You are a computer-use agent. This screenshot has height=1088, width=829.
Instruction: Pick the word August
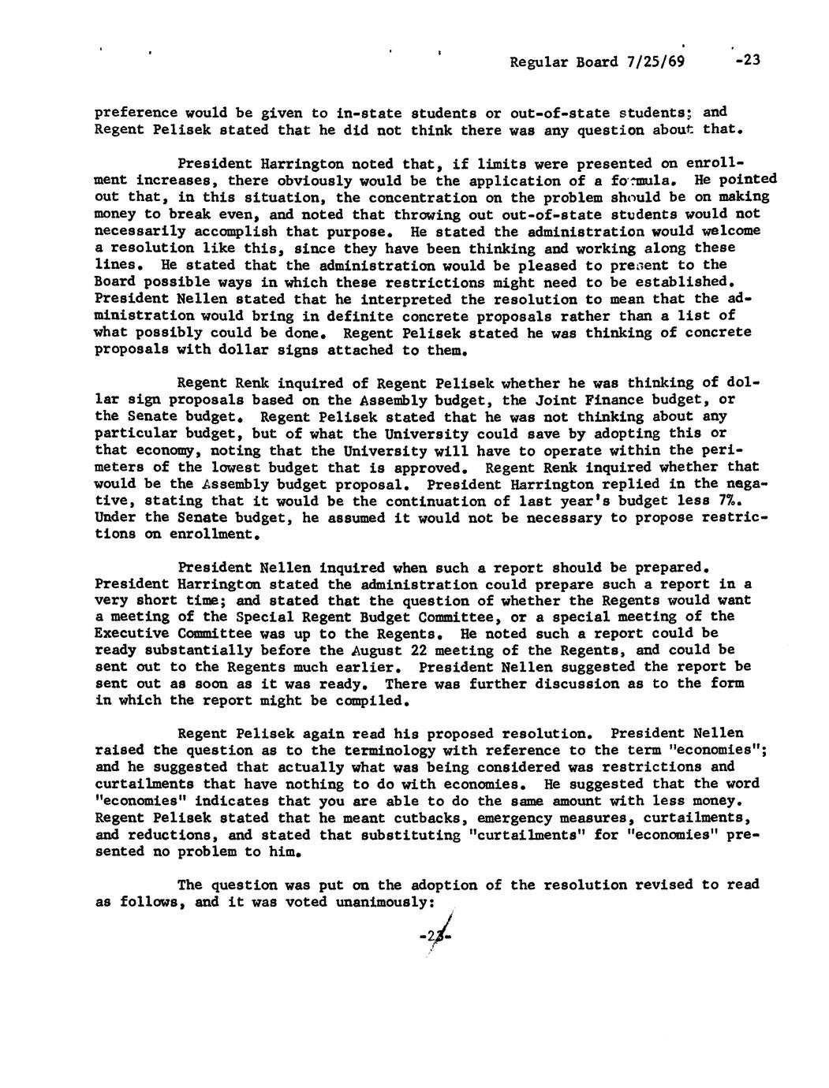tap(372, 650)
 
